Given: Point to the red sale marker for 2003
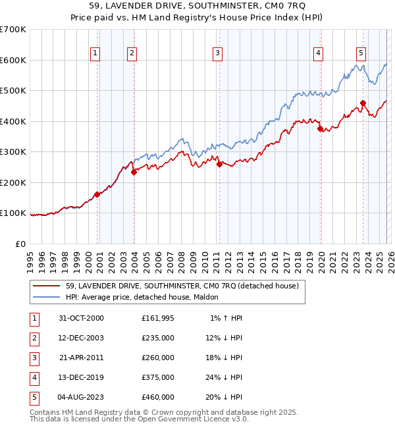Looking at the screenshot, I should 134,173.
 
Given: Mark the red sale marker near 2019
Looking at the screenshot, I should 320,129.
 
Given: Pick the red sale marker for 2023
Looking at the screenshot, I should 363,103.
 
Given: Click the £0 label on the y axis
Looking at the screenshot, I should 20,244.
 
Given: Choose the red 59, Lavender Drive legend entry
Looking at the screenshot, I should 182,286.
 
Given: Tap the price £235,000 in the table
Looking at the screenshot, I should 158,338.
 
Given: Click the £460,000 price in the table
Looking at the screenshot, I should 158,397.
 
